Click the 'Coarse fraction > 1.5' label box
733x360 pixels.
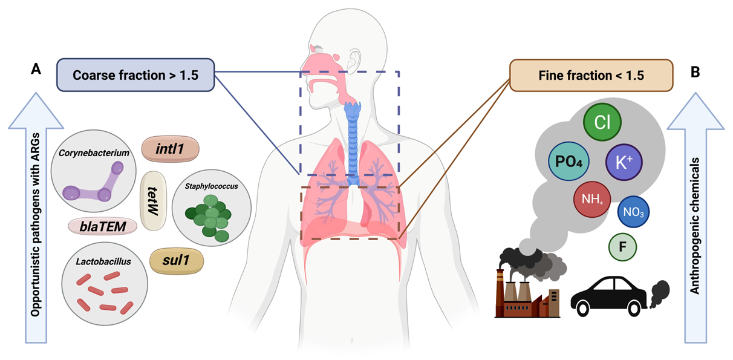click(x=135, y=76)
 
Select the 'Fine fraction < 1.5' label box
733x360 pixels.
click(x=591, y=76)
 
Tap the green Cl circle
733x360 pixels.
click(x=601, y=123)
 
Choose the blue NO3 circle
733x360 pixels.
click(x=633, y=213)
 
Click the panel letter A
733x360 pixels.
click(x=36, y=71)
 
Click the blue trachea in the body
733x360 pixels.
click(x=352, y=130)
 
